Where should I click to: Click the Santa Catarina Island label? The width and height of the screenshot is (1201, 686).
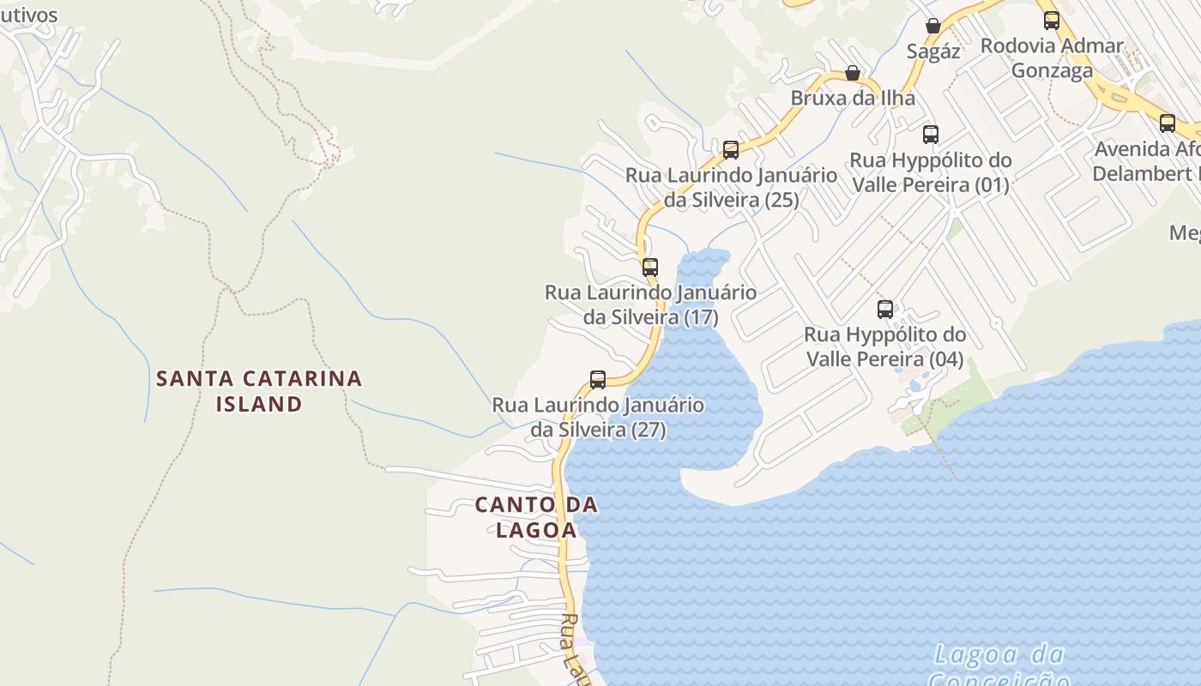click(x=259, y=391)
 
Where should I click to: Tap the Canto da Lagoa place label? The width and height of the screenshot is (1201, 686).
click(x=536, y=517)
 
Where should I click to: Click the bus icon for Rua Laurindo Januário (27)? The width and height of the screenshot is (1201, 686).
click(x=598, y=379)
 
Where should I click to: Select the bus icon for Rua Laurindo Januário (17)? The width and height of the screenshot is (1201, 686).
click(x=650, y=267)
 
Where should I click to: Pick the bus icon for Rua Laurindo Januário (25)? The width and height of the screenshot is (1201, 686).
click(x=731, y=150)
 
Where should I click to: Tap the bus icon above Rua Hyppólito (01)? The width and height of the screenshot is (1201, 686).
click(x=931, y=134)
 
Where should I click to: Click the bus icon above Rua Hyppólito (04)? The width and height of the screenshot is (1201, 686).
click(x=885, y=309)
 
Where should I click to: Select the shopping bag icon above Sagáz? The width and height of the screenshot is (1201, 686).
click(x=933, y=26)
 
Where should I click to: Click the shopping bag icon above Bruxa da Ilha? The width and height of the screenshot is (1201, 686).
click(x=853, y=74)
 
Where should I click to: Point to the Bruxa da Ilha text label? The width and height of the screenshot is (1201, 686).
click(x=853, y=98)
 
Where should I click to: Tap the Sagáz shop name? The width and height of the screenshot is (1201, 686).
click(x=933, y=51)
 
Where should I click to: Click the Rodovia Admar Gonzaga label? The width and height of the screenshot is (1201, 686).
click(x=1052, y=57)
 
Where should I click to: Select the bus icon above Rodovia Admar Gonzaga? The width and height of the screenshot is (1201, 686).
click(x=1052, y=20)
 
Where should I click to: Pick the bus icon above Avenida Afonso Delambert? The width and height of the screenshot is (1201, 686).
click(x=1168, y=123)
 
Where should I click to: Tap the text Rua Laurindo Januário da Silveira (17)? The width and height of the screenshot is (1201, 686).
click(x=651, y=304)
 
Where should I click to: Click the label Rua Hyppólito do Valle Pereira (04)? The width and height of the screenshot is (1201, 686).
click(x=885, y=346)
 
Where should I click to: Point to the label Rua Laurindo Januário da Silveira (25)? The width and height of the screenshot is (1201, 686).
click(x=731, y=187)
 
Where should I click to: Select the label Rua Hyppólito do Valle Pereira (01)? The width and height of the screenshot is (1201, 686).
click(x=931, y=171)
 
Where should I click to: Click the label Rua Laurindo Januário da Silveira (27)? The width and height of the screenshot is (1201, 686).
click(x=598, y=417)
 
